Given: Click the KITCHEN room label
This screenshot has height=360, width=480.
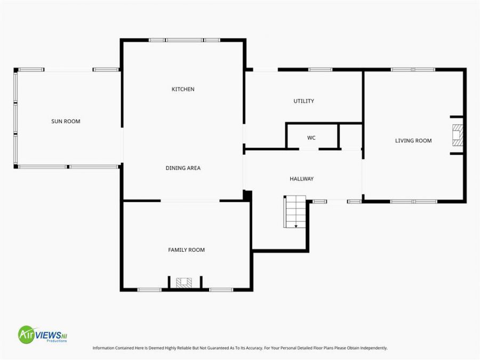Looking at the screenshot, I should click(x=183, y=89).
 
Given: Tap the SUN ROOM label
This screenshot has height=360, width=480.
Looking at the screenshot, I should click(x=66, y=121).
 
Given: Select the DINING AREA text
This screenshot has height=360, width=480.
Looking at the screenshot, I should click(x=183, y=168).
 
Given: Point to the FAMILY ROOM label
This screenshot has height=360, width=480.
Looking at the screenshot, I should click(x=186, y=250).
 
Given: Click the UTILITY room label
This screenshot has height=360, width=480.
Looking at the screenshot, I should click(x=303, y=101).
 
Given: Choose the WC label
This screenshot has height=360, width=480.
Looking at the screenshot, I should click(x=311, y=138).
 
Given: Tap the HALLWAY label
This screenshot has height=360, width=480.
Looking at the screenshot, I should click(x=301, y=179).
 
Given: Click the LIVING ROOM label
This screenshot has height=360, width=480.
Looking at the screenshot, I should click(x=413, y=141).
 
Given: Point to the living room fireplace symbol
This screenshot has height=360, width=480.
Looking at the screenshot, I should click(x=458, y=135).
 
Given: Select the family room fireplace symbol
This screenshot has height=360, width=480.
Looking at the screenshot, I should click(x=185, y=283).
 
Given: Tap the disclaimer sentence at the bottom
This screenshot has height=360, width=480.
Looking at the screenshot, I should click(x=240, y=348).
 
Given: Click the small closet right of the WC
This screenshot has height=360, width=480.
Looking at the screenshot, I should click(x=350, y=136).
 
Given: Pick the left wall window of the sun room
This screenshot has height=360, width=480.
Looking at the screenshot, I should click(x=16, y=118).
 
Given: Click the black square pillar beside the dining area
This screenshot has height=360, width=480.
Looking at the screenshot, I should click(x=247, y=196).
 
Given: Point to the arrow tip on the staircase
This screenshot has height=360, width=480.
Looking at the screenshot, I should click(x=295, y=227).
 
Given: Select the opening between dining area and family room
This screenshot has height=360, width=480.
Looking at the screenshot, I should click(x=190, y=201).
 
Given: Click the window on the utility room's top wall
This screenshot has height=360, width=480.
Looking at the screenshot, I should click(x=320, y=69).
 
